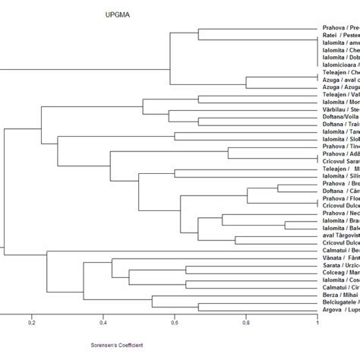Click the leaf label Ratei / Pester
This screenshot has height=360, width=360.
point(340,34)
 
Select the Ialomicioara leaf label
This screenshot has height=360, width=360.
point(340,67)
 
